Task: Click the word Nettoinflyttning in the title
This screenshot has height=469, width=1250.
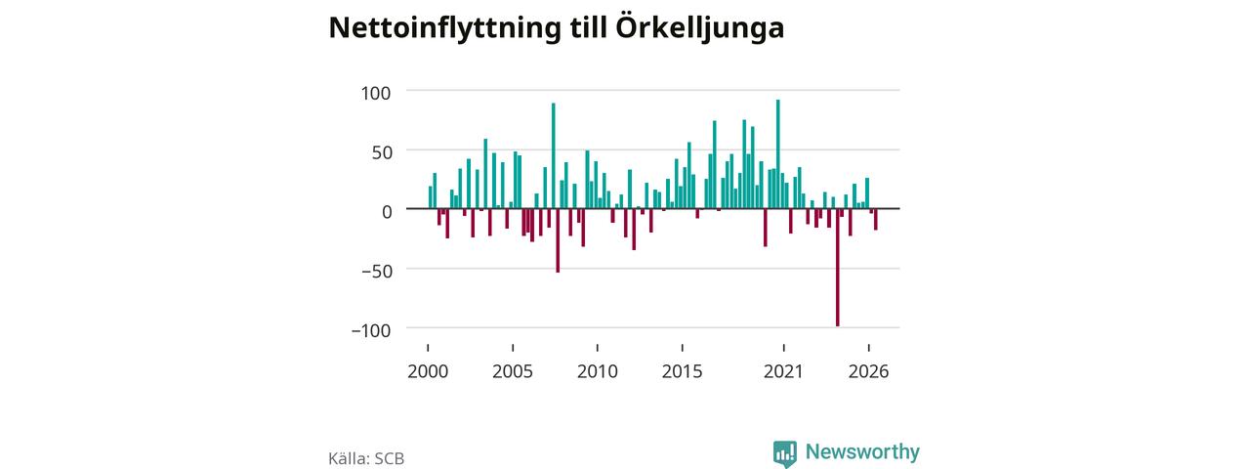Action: pos(444,28)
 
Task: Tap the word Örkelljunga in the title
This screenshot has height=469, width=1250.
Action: pos(700,27)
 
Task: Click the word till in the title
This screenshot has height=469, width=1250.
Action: pos(588,27)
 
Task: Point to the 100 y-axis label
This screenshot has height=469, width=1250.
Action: pos(376,93)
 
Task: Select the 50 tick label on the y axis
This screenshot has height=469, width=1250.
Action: pos(382,152)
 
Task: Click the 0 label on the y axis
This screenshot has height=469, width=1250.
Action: pos(387,212)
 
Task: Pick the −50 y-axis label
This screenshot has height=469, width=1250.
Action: pos(377,272)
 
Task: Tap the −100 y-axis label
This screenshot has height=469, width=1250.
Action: pos(371,330)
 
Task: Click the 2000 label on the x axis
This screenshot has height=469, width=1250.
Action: pos(428,372)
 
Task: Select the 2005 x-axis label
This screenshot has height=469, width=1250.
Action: pos(513,372)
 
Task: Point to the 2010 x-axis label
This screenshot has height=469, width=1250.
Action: pos(597,372)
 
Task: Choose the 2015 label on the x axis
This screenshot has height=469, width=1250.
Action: pos(682,372)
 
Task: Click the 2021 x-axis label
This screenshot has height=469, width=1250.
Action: pos(783,372)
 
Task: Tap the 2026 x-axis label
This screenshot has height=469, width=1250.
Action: pos(868,372)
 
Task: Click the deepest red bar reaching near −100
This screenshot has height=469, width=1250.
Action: pos(838,267)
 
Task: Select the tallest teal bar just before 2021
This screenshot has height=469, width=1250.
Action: pos(778,154)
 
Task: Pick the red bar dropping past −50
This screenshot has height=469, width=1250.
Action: pos(558,240)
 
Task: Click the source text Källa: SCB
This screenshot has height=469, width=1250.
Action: pos(366,458)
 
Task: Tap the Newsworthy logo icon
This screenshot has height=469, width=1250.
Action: pos(784,453)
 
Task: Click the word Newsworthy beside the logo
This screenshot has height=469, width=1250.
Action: pos(862,451)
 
